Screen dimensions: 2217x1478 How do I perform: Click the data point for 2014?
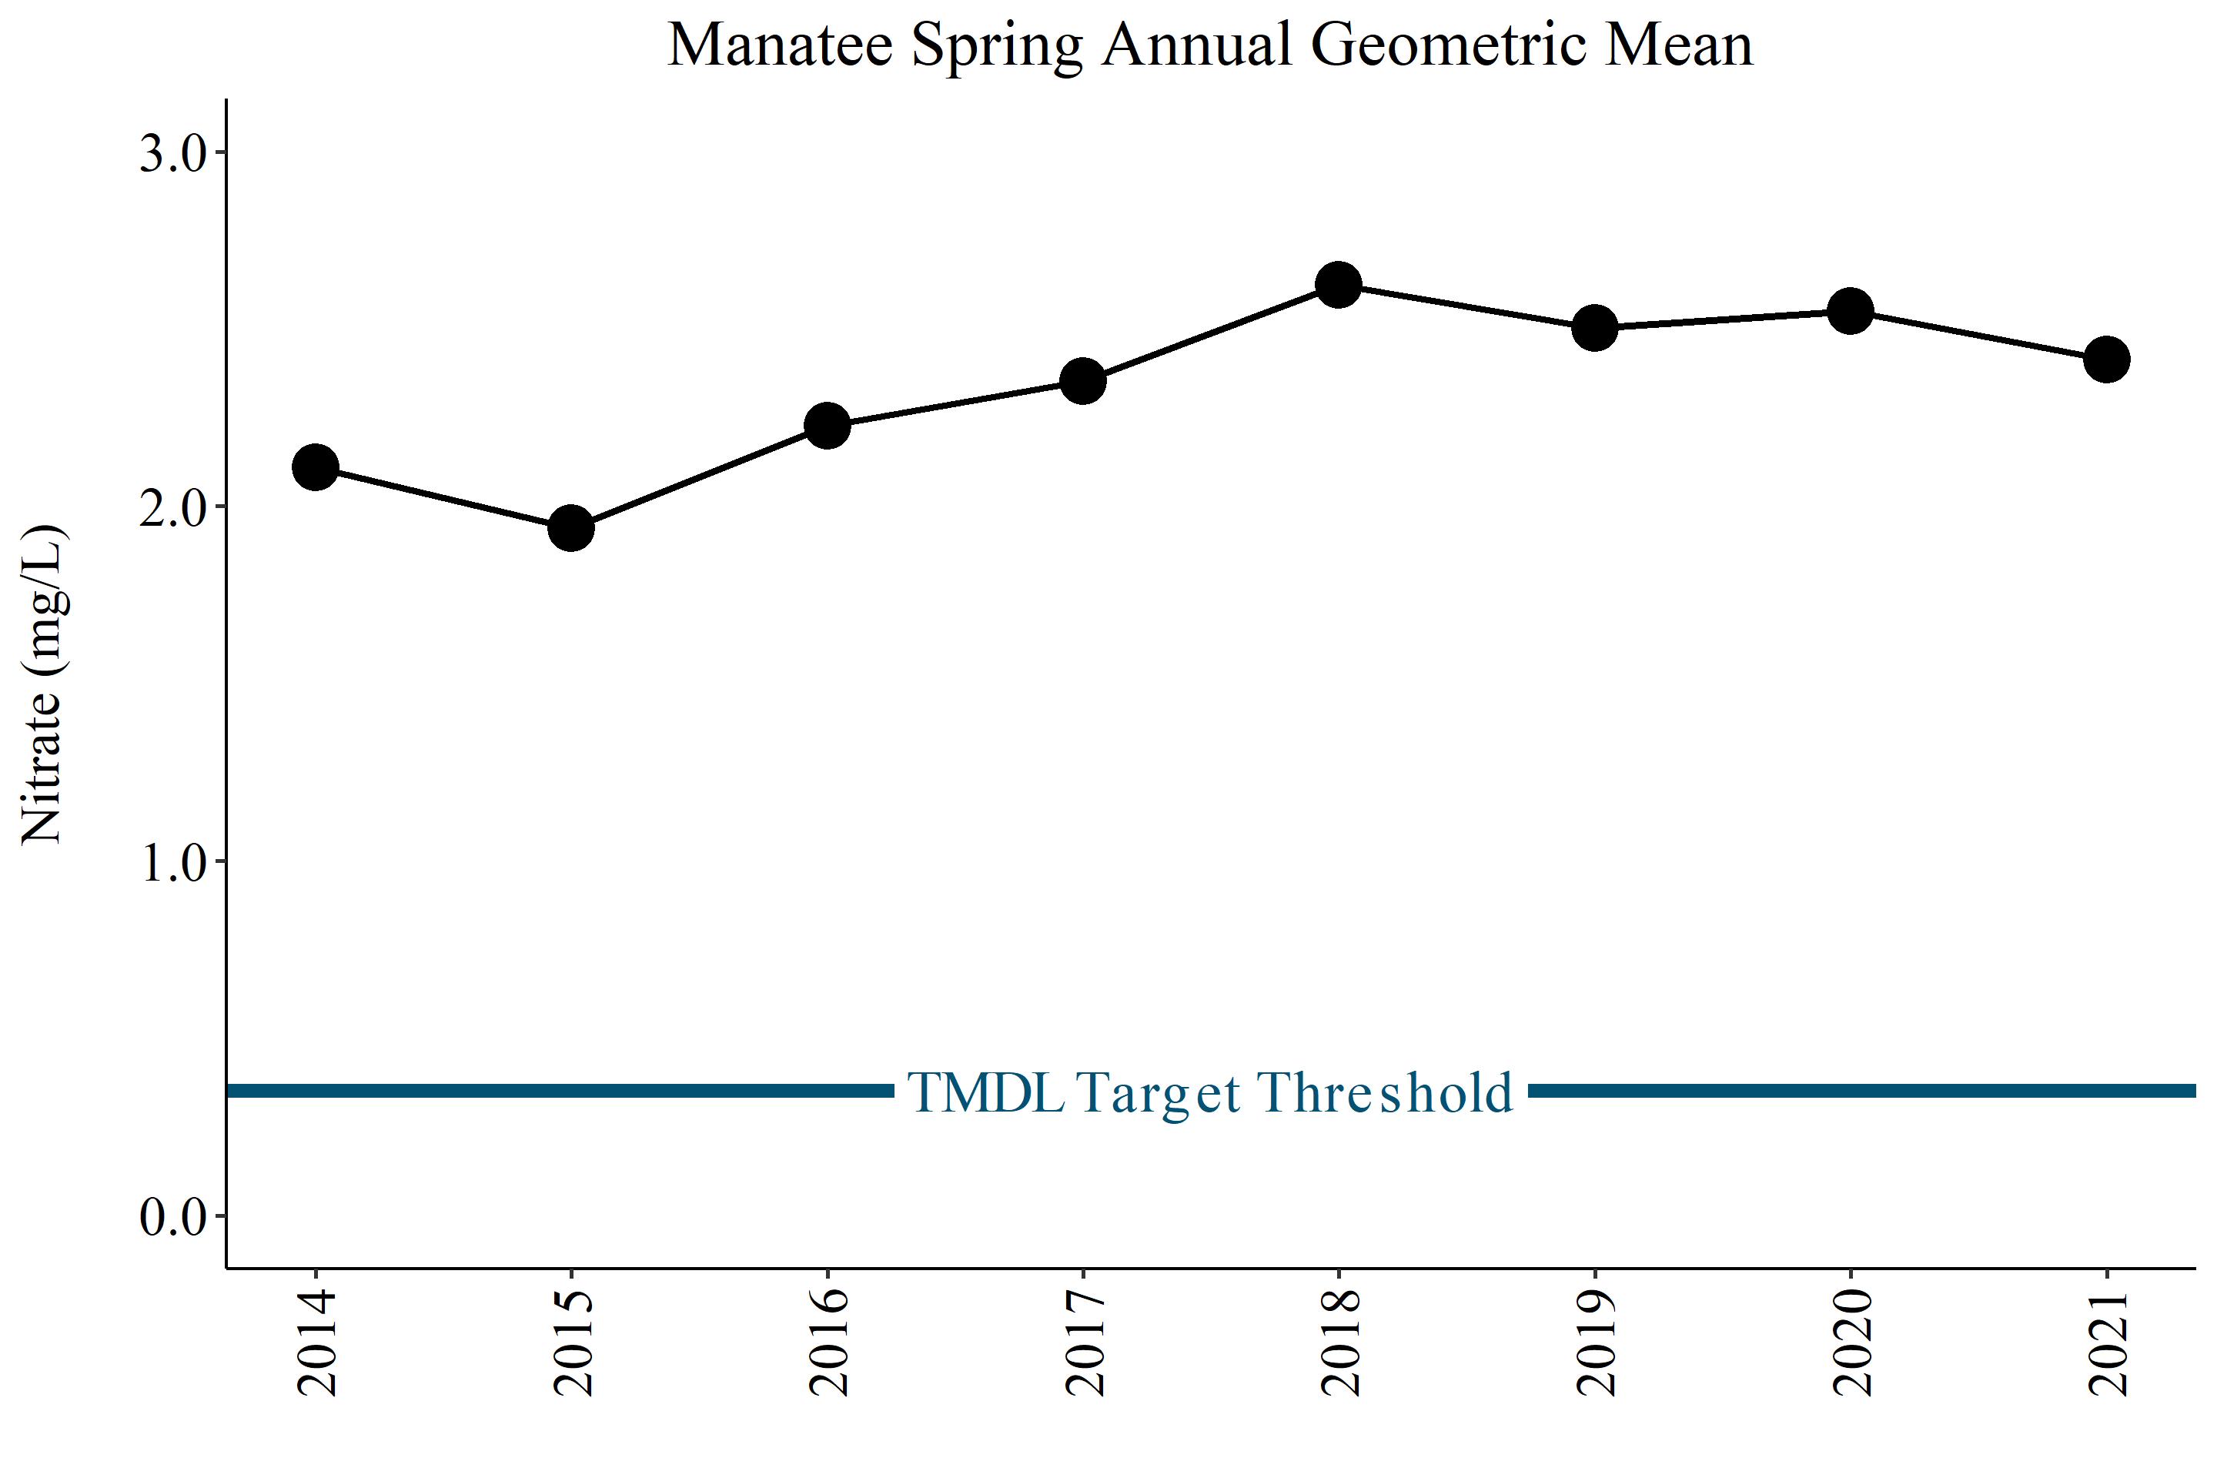[x=316, y=467]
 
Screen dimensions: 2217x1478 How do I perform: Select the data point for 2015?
[x=571, y=528]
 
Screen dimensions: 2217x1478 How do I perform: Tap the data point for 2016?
[x=828, y=426]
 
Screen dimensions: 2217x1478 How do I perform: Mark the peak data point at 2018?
[x=1339, y=285]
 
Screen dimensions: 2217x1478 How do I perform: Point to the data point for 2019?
[x=1595, y=328]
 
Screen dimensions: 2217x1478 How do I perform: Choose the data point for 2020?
[x=1851, y=311]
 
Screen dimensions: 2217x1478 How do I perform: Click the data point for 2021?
[x=2107, y=359]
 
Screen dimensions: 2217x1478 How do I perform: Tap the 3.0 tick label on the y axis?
[x=172, y=154]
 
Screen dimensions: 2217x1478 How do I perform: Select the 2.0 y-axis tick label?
[x=172, y=508]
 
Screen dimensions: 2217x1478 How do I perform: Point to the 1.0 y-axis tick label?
[x=172, y=862]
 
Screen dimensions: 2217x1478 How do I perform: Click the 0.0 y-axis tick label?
[x=172, y=1217]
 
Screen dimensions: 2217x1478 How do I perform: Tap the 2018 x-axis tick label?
[x=1339, y=1343]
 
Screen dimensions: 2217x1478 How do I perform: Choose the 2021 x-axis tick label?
[x=2108, y=1343]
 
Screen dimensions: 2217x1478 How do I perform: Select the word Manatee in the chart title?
[x=781, y=45]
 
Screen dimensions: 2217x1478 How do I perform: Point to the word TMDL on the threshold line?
[x=986, y=1092]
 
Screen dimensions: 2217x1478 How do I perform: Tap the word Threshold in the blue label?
[x=1386, y=1092]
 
